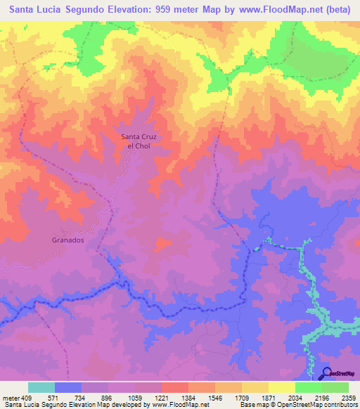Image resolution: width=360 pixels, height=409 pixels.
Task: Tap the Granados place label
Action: coord(68,240)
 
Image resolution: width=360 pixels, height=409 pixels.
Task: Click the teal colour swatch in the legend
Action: coord(41,387)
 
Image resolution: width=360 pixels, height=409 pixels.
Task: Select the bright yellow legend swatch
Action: coord(282,387)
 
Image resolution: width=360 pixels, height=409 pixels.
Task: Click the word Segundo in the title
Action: coord(86,10)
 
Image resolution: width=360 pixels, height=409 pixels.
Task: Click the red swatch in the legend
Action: coord(175,387)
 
